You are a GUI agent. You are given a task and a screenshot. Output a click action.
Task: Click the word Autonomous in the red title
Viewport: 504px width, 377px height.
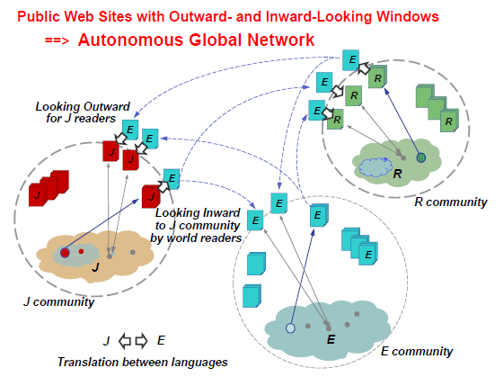[x=131, y=40]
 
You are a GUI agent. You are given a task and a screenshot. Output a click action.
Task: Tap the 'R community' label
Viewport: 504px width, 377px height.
[x=451, y=202]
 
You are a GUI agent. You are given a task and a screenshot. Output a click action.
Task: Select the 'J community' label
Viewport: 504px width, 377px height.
[x=58, y=302]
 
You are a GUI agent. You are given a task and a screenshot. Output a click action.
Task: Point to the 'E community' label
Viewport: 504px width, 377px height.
[x=417, y=351]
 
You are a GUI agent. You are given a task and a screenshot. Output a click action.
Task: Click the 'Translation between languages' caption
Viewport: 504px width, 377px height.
[x=143, y=363]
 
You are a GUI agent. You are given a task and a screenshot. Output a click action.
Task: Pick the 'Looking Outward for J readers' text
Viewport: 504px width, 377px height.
[x=83, y=112]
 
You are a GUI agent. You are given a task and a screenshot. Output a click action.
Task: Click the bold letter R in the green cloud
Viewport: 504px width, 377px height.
[x=398, y=174]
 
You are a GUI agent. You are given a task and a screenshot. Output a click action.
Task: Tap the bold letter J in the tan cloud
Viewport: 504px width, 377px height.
[x=95, y=267]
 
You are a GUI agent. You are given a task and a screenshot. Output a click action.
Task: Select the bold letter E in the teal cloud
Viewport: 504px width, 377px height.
[x=332, y=339]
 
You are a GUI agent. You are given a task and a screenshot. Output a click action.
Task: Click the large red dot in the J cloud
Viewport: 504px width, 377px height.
[x=65, y=253]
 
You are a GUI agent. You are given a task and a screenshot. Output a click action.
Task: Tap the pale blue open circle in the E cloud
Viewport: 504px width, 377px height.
[x=290, y=328]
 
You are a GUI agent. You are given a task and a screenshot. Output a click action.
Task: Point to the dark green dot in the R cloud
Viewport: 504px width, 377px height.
[x=421, y=157]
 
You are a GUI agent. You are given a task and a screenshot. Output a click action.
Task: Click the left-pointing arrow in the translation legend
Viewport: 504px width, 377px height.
[x=125, y=341]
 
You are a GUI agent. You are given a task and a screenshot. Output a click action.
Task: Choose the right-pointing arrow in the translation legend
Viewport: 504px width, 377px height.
[x=141, y=341]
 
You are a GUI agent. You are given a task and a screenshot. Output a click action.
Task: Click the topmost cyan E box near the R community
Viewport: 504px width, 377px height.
[x=350, y=60]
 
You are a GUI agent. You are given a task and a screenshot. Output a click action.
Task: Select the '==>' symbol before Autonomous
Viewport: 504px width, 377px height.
[x=57, y=40]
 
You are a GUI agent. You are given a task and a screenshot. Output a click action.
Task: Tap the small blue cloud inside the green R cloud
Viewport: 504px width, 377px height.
[x=375, y=167]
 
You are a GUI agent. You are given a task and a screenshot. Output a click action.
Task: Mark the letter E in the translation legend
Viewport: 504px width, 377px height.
[x=161, y=340]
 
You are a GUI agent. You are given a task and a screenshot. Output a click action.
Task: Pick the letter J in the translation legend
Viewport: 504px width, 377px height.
[x=107, y=341]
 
